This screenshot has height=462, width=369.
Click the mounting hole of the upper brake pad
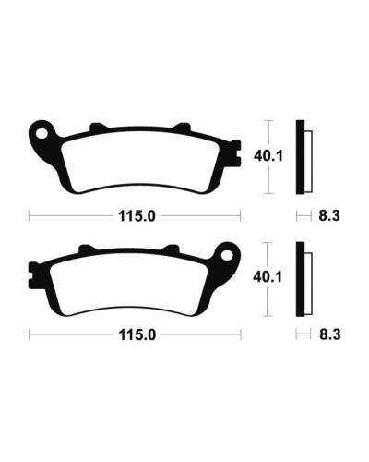[x=42, y=134]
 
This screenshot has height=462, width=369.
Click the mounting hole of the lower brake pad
[x=228, y=255]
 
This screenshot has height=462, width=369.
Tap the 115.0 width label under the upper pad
[x=137, y=216]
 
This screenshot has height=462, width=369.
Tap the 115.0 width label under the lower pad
[x=137, y=334]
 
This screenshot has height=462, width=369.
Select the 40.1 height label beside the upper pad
[x=268, y=156]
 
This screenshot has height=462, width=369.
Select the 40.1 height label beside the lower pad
[x=268, y=277]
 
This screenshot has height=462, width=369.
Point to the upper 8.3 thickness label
[x=329, y=216]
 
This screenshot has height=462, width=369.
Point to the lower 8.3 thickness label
[x=329, y=334]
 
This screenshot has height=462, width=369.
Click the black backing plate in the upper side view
[x=300, y=157]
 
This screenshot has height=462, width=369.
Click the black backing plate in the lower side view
[x=300, y=279]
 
